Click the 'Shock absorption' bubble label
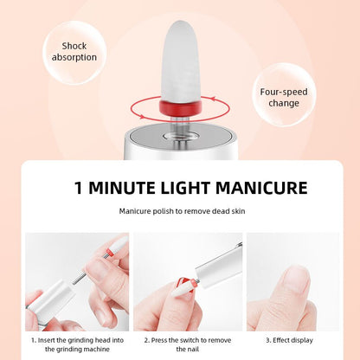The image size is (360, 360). [74, 52]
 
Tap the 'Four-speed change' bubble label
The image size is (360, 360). [282, 97]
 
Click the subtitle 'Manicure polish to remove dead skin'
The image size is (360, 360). [179, 211]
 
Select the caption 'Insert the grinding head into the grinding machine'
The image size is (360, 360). [76, 345]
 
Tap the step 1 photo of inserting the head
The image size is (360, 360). [76, 281]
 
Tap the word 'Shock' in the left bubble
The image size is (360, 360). [74, 46]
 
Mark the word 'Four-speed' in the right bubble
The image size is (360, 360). [282, 91]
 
